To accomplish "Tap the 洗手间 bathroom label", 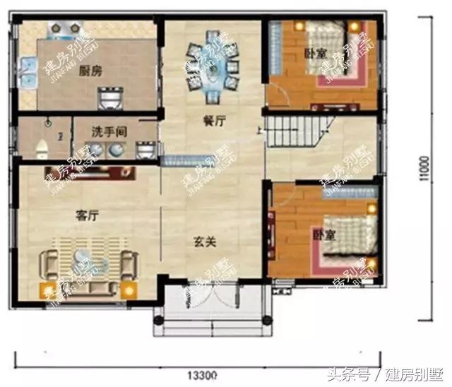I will coord(109,131).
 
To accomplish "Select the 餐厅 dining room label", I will coord(214,121).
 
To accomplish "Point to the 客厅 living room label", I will coord(85,216).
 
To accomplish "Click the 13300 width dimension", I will coord(203,373).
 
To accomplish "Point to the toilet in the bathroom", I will coord(41,147).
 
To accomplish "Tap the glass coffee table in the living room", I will coord(88,266).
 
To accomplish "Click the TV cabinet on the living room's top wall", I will coord(85,169).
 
